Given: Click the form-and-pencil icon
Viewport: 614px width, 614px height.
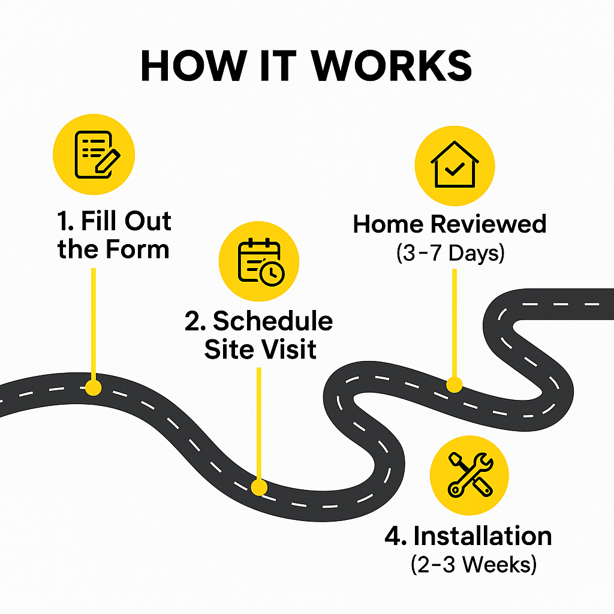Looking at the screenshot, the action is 94,154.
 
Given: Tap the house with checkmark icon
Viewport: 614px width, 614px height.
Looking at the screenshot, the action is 455,164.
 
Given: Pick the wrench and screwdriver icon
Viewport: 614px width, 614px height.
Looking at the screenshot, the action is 469,474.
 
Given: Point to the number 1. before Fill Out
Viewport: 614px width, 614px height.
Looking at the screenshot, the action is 65,222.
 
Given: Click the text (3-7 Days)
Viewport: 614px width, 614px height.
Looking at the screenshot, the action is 450,252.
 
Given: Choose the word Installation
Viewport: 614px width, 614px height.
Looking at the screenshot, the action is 482,536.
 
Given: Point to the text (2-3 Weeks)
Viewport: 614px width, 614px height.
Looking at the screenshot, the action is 473,564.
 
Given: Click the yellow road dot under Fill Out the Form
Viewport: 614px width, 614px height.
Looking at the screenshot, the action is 93,387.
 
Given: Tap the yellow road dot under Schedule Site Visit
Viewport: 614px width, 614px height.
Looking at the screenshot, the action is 258,487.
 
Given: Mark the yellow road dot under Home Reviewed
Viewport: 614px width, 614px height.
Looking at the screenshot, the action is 454,384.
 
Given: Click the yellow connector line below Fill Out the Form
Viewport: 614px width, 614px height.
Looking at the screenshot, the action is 93,324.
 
